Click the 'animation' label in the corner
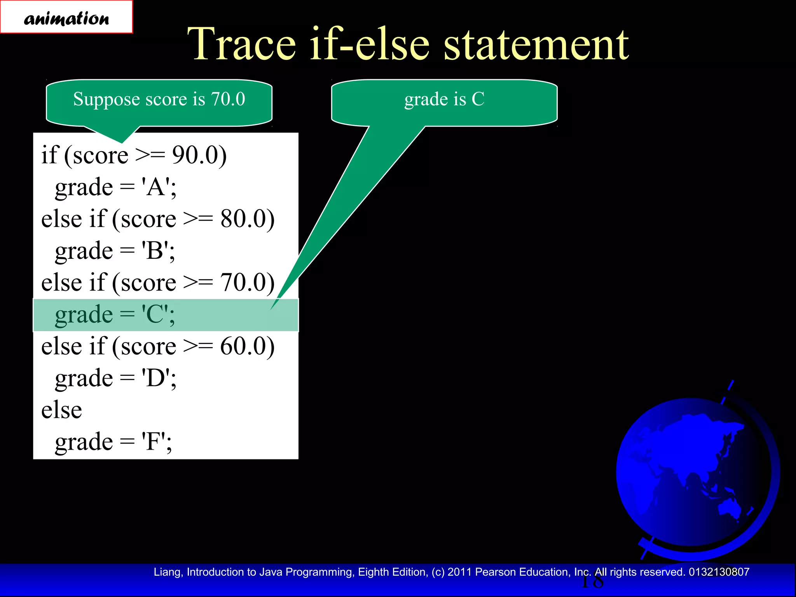click(x=66, y=18)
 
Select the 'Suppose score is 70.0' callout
click(x=159, y=99)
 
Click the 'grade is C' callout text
click(x=444, y=99)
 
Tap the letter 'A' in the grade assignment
click(x=156, y=187)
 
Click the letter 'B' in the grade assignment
click(x=155, y=251)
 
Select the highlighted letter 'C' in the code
click(x=155, y=314)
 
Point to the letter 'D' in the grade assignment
click(x=156, y=378)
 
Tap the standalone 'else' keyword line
click(x=61, y=410)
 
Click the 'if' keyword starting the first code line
click(x=49, y=155)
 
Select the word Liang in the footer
click(x=167, y=572)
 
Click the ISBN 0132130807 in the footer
click(x=719, y=572)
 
